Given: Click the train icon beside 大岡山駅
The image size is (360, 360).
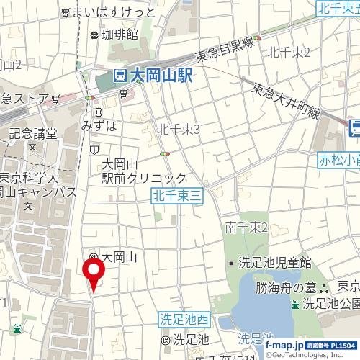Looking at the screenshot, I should (120, 75).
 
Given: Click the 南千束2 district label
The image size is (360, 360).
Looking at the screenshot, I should (246, 228).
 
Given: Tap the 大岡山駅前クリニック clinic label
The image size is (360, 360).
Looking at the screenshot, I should (143, 171).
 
